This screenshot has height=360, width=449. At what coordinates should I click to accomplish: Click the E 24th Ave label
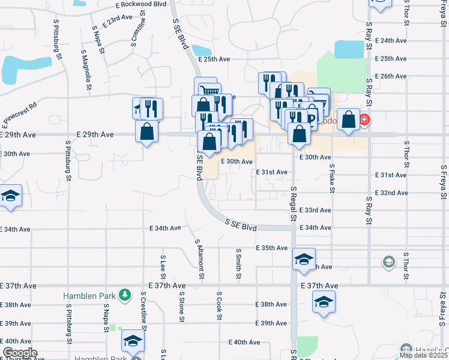click(391, 40)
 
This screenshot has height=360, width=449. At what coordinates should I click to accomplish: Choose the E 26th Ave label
click(391, 76)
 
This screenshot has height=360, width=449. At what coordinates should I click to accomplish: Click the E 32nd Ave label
click(391, 193)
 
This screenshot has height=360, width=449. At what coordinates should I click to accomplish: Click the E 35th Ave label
click(271, 248)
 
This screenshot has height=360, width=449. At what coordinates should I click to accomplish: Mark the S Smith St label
click(239, 263)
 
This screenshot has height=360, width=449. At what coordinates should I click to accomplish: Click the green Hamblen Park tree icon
click(124, 295)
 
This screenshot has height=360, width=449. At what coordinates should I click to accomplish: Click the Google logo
click(20, 353)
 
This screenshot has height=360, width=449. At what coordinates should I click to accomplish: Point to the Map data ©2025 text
click(423, 355)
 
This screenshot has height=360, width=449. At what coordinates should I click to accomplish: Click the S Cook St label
click(220, 306)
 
